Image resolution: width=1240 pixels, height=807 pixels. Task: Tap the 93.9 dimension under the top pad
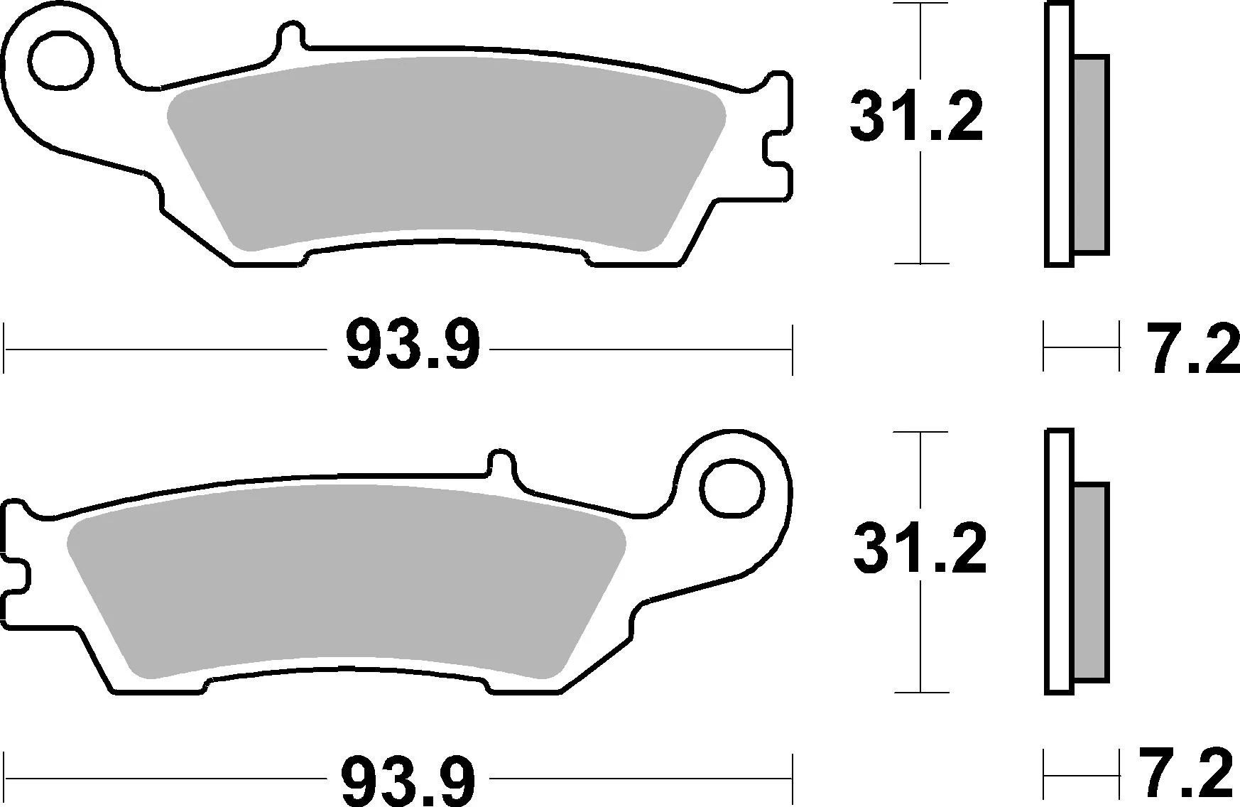[x=412, y=345]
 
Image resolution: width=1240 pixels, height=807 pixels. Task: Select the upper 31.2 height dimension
[x=915, y=118]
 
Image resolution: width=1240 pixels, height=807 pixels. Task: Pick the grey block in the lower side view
[x=1090, y=583]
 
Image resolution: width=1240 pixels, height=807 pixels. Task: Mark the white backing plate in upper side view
[x=1058, y=135]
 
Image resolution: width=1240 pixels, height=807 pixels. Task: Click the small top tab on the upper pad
[x=290, y=39]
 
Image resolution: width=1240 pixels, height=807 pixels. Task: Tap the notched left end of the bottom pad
[x=16, y=568]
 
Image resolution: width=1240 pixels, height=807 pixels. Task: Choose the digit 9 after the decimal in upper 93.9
[x=459, y=345]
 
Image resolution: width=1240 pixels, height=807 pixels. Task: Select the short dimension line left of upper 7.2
[x=1080, y=347]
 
